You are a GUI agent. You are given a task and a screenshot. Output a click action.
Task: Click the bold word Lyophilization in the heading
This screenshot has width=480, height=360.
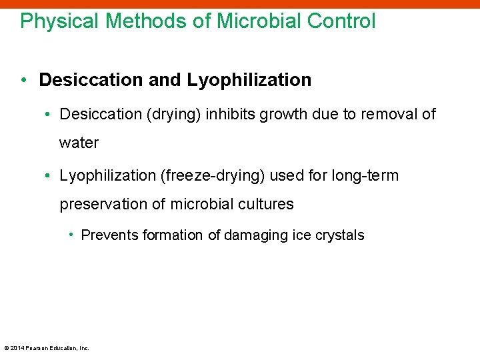click(x=249, y=81)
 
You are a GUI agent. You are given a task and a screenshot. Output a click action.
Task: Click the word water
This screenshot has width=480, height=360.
click(x=79, y=143)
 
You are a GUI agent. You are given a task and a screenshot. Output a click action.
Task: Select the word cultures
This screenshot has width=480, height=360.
click(x=268, y=204)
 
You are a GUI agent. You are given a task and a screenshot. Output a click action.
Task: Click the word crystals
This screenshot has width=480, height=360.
click(x=341, y=235)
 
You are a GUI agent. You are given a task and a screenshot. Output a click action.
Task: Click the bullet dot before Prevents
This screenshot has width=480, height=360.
click(x=71, y=235)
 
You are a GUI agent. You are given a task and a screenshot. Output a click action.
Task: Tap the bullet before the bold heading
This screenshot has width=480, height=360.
click(x=25, y=81)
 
